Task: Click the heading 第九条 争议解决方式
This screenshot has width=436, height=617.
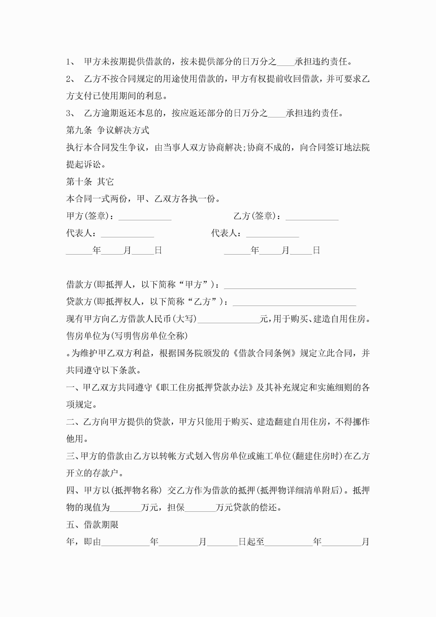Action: pos(107,130)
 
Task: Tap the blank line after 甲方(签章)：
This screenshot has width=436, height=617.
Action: pos(145,217)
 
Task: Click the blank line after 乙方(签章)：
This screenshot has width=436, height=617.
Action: pos(312,217)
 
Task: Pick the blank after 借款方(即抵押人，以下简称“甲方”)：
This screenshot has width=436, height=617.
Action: pos(290,285)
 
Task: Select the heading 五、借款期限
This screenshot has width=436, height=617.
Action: pos(92,525)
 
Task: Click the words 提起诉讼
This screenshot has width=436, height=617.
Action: pos(84,164)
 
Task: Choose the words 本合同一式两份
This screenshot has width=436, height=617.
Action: pos(96,199)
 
